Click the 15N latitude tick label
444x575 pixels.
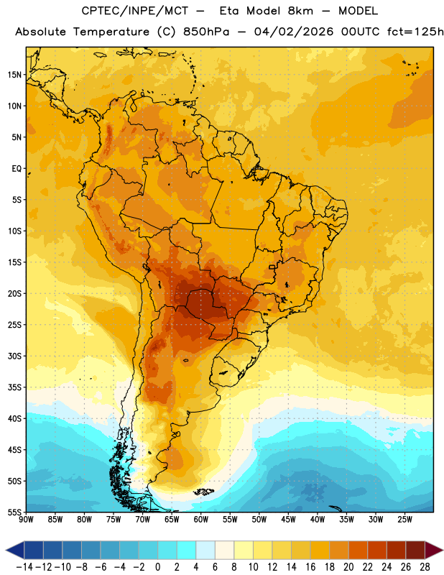click(x=14, y=75)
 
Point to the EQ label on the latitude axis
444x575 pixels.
click(x=17, y=169)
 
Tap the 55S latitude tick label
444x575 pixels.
click(x=14, y=512)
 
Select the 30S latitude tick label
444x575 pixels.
click(x=14, y=356)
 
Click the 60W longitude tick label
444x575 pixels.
click(x=201, y=519)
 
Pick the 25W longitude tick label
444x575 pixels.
click(x=404, y=519)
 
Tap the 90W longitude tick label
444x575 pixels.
click(x=27, y=519)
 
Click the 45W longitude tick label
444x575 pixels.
click(x=288, y=519)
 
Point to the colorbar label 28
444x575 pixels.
click(x=425, y=567)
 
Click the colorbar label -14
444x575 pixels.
click(x=24, y=567)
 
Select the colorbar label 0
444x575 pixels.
click(x=157, y=567)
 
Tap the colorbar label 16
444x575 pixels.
click(x=310, y=567)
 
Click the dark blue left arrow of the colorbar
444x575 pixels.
click(x=15, y=550)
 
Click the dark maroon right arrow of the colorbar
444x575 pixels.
click(x=434, y=550)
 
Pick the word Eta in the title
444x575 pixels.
click(x=228, y=11)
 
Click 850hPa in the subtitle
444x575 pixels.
click(x=206, y=32)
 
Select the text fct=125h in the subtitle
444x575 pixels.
click(x=415, y=32)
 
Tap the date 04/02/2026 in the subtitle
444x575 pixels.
click(x=294, y=32)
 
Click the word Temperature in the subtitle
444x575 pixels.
click(x=111, y=32)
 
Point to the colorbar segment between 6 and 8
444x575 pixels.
click(x=225, y=550)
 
